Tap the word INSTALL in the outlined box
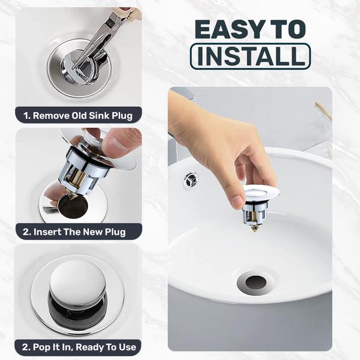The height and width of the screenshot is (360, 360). click(x=250, y=56)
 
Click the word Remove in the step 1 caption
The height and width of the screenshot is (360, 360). click(x=53, y=115)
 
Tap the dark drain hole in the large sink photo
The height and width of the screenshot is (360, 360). click(x=256, y=281)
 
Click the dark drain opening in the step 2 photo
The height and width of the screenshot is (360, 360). click(x=73, y=206)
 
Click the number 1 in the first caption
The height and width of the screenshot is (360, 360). click(x=26, y=115)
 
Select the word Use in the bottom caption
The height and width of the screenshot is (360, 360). click(x=125, y=347)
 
